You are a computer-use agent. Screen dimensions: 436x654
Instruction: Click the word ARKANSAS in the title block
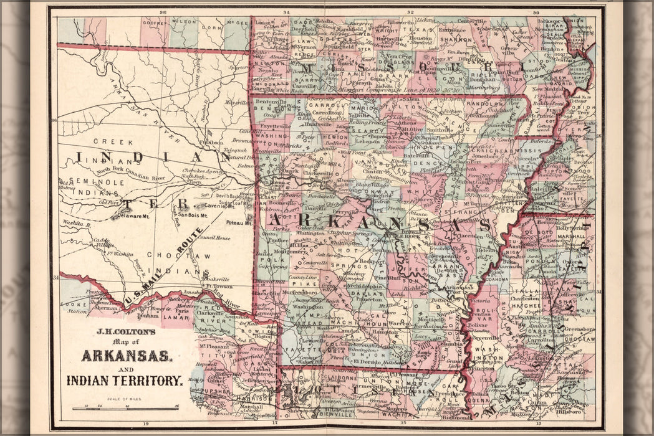point(127,356)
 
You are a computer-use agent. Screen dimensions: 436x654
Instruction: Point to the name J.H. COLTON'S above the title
point(125,331)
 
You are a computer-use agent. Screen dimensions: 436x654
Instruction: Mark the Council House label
point(214,238)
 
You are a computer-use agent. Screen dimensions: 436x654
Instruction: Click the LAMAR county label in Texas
point(176,318)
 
